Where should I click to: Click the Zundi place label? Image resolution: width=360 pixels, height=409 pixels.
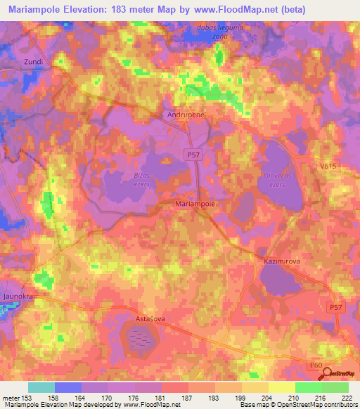click(x=34, y=62)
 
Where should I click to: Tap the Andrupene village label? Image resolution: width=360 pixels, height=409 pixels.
click(x=185, y=114)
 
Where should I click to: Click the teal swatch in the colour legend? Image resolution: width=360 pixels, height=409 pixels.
click(x=41, y=387)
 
